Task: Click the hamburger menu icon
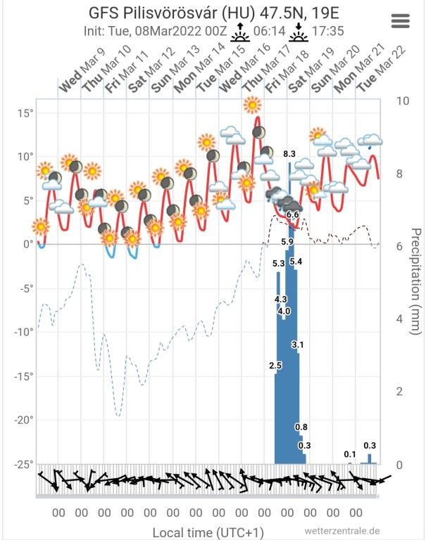pos(400,20)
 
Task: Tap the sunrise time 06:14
pos(266,31)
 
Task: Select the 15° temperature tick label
pos(26,112)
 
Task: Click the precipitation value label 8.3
pos(289,153)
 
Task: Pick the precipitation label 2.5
pos(275,366)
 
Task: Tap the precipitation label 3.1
pos(297,345)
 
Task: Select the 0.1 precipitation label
pos(349,454)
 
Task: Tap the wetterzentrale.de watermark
pos(343,531)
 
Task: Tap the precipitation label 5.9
pos(287,242)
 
